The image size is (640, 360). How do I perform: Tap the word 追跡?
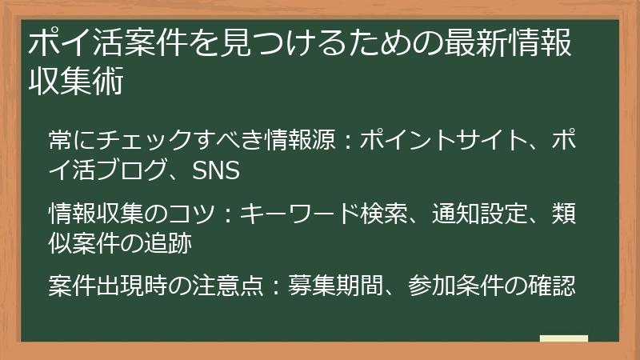click(x=169, y=244)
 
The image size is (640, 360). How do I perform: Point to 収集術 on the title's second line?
click(x=76, y=82)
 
